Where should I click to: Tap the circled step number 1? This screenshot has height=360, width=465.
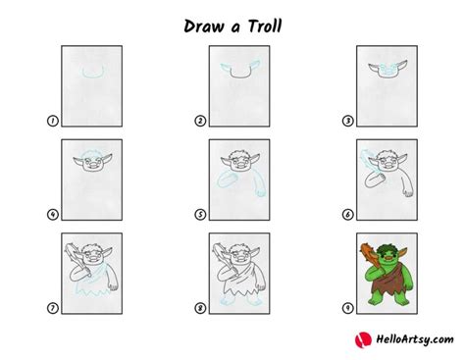coord(53,121)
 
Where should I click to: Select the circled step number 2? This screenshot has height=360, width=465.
coord(200,121)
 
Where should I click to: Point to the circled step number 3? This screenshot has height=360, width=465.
coord(346,121)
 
